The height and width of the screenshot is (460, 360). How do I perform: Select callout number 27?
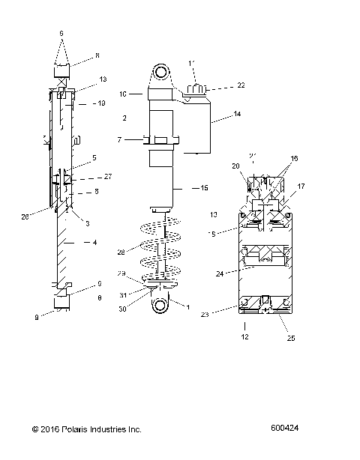point(107,177)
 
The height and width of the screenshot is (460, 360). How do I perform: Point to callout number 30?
point(122,306)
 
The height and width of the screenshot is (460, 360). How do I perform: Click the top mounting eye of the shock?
point(160,73)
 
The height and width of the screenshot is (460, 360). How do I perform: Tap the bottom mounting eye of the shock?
point(158,307)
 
